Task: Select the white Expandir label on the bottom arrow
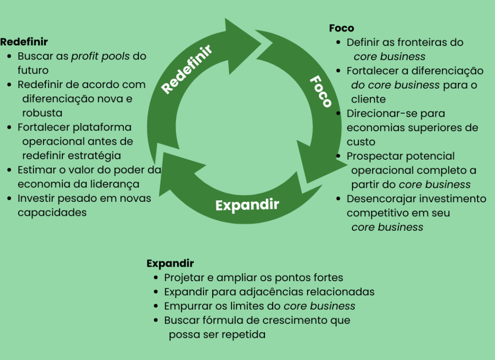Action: click(247, 205)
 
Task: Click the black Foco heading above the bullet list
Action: click(341, 28)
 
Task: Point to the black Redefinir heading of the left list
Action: click(24, 42)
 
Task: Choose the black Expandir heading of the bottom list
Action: click(170, 264)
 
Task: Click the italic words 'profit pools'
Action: click(101, 56)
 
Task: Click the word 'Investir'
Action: click(35, 198)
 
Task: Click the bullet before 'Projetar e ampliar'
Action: click(156, 278)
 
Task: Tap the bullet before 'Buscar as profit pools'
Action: click(10, 57)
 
